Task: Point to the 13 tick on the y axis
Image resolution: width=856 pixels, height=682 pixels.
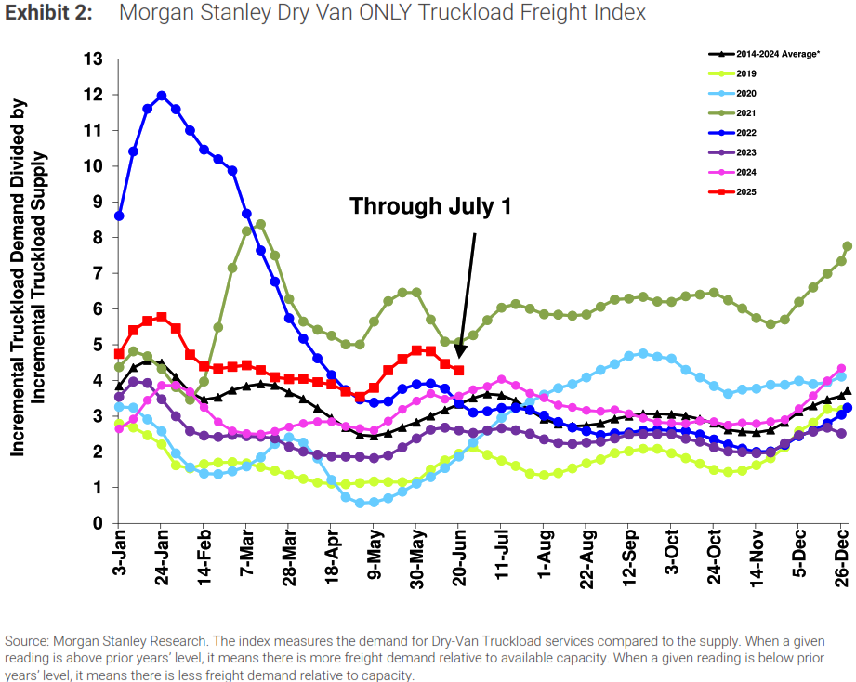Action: (93, 59)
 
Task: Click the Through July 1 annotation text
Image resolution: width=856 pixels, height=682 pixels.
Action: (430, 206)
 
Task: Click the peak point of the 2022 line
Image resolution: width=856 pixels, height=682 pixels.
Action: (162, 96)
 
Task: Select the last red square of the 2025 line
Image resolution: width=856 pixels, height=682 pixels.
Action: (459, 370)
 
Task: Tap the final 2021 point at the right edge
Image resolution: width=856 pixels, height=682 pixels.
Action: (847, 246)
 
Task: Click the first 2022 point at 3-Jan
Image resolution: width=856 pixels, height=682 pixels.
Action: (119, 216)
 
